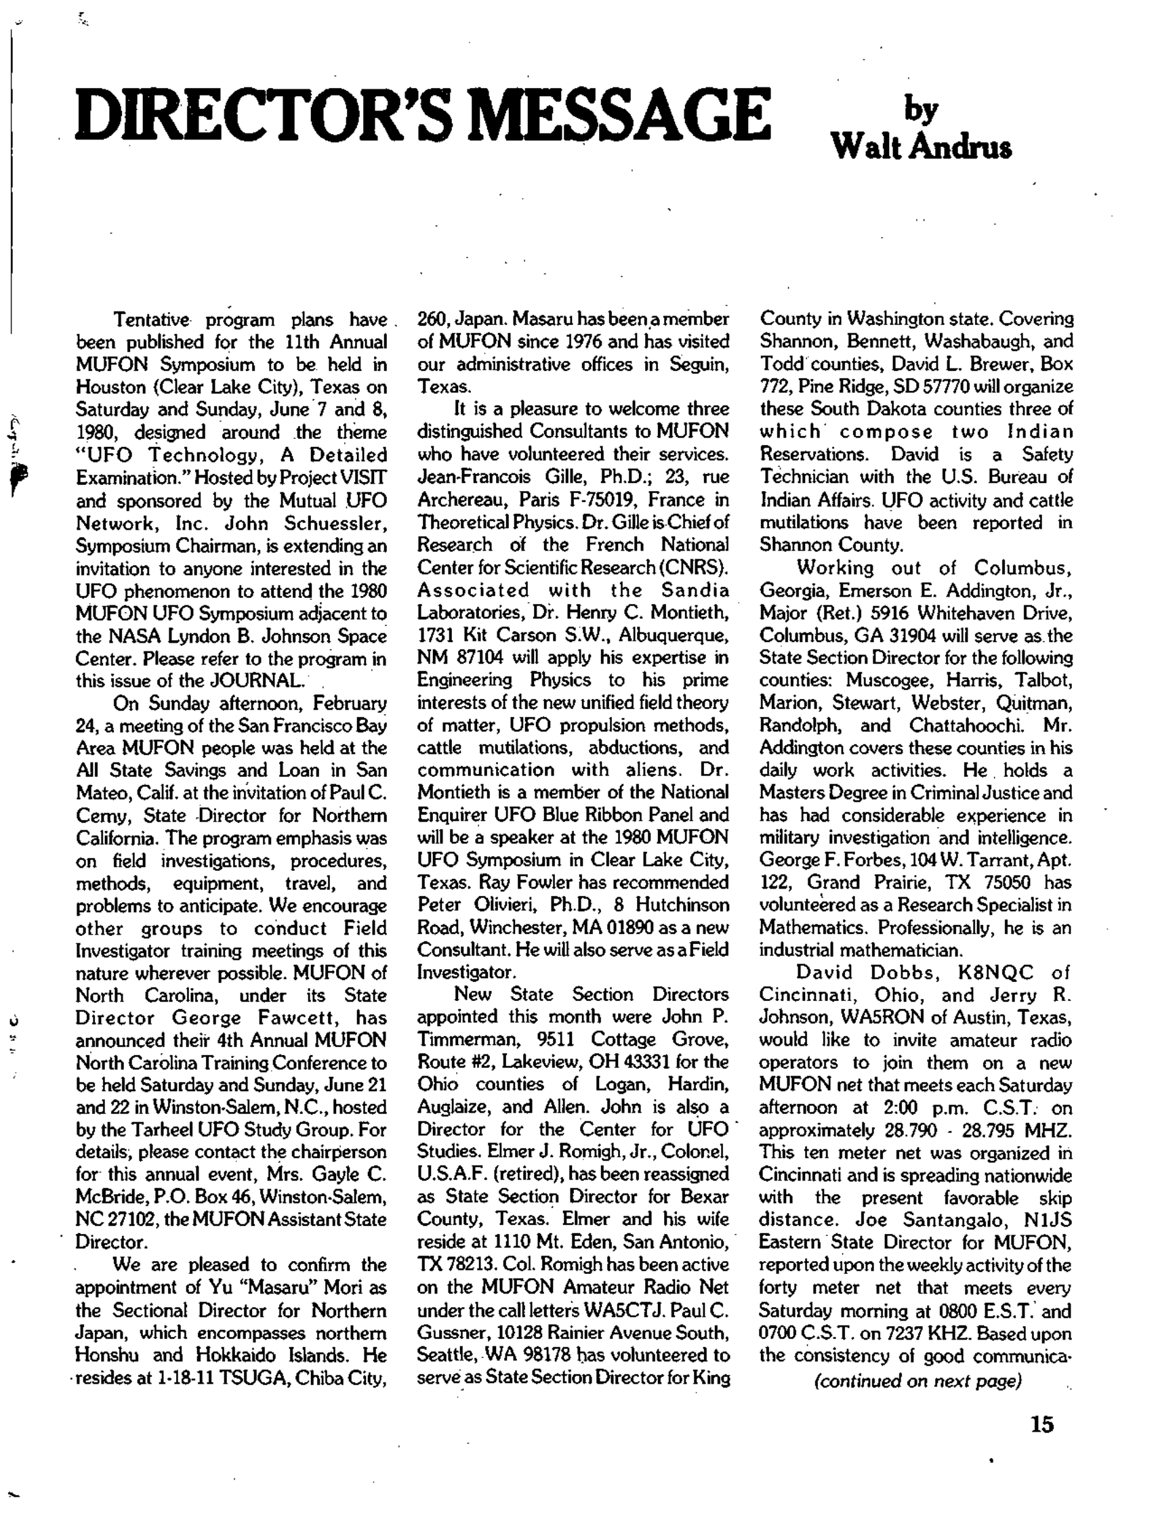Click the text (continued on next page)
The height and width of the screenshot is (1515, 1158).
917,1381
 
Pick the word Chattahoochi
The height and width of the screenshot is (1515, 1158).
967,725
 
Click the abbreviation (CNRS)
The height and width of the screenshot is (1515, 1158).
703,568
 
